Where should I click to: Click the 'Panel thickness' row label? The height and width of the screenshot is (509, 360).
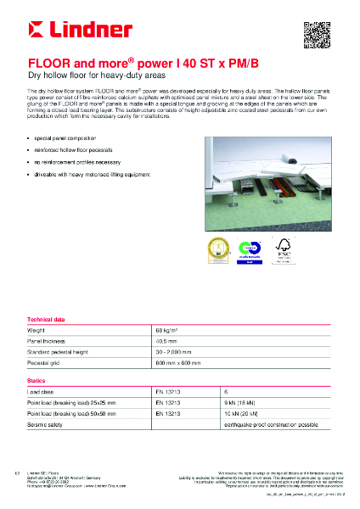coord(49,339)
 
